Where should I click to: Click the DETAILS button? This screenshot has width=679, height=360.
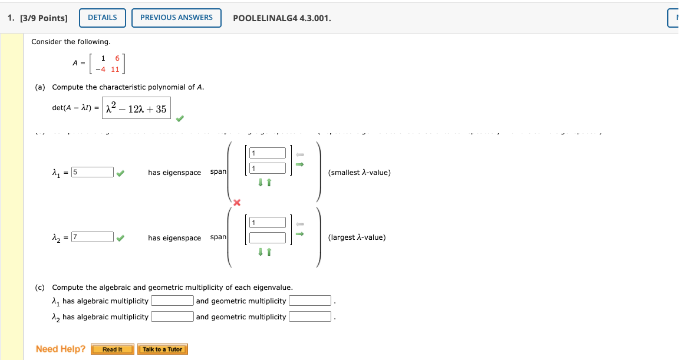click(x=102, y=18)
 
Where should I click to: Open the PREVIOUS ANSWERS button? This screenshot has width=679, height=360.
click(x=176, y=18)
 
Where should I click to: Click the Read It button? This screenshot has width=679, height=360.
click(x=112, y=349)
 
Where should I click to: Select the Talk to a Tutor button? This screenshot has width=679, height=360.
click(x=162, y=349)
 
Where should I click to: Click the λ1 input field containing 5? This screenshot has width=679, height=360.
click(x=93, y=172)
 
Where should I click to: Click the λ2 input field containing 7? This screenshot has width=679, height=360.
click(x=93, y=237)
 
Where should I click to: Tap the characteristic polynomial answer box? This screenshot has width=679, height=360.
click(x=136, y=108)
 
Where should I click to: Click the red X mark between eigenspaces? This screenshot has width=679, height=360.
click(x=237, y=203)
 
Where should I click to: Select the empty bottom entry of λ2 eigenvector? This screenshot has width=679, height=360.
click(x=268, y=237)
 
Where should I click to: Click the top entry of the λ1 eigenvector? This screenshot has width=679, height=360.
click(x=268, y=153)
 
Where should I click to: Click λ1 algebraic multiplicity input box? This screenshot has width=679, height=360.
click(x=172, y=301)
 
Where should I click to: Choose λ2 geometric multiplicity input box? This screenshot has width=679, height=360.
click(x=310, y=317)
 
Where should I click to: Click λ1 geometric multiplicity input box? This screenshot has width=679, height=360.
click(x=310, y=301)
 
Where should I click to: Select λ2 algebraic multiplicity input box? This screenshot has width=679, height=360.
click(x=172, y=317)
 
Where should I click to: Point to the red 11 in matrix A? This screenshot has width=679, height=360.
click(x=115, y=69)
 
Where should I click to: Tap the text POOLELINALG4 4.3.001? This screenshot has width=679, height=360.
click(x=282, y=18)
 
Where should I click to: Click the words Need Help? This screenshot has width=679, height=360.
click(x=61, y=349)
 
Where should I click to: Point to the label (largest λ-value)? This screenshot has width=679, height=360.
click(x=357, y=237)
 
